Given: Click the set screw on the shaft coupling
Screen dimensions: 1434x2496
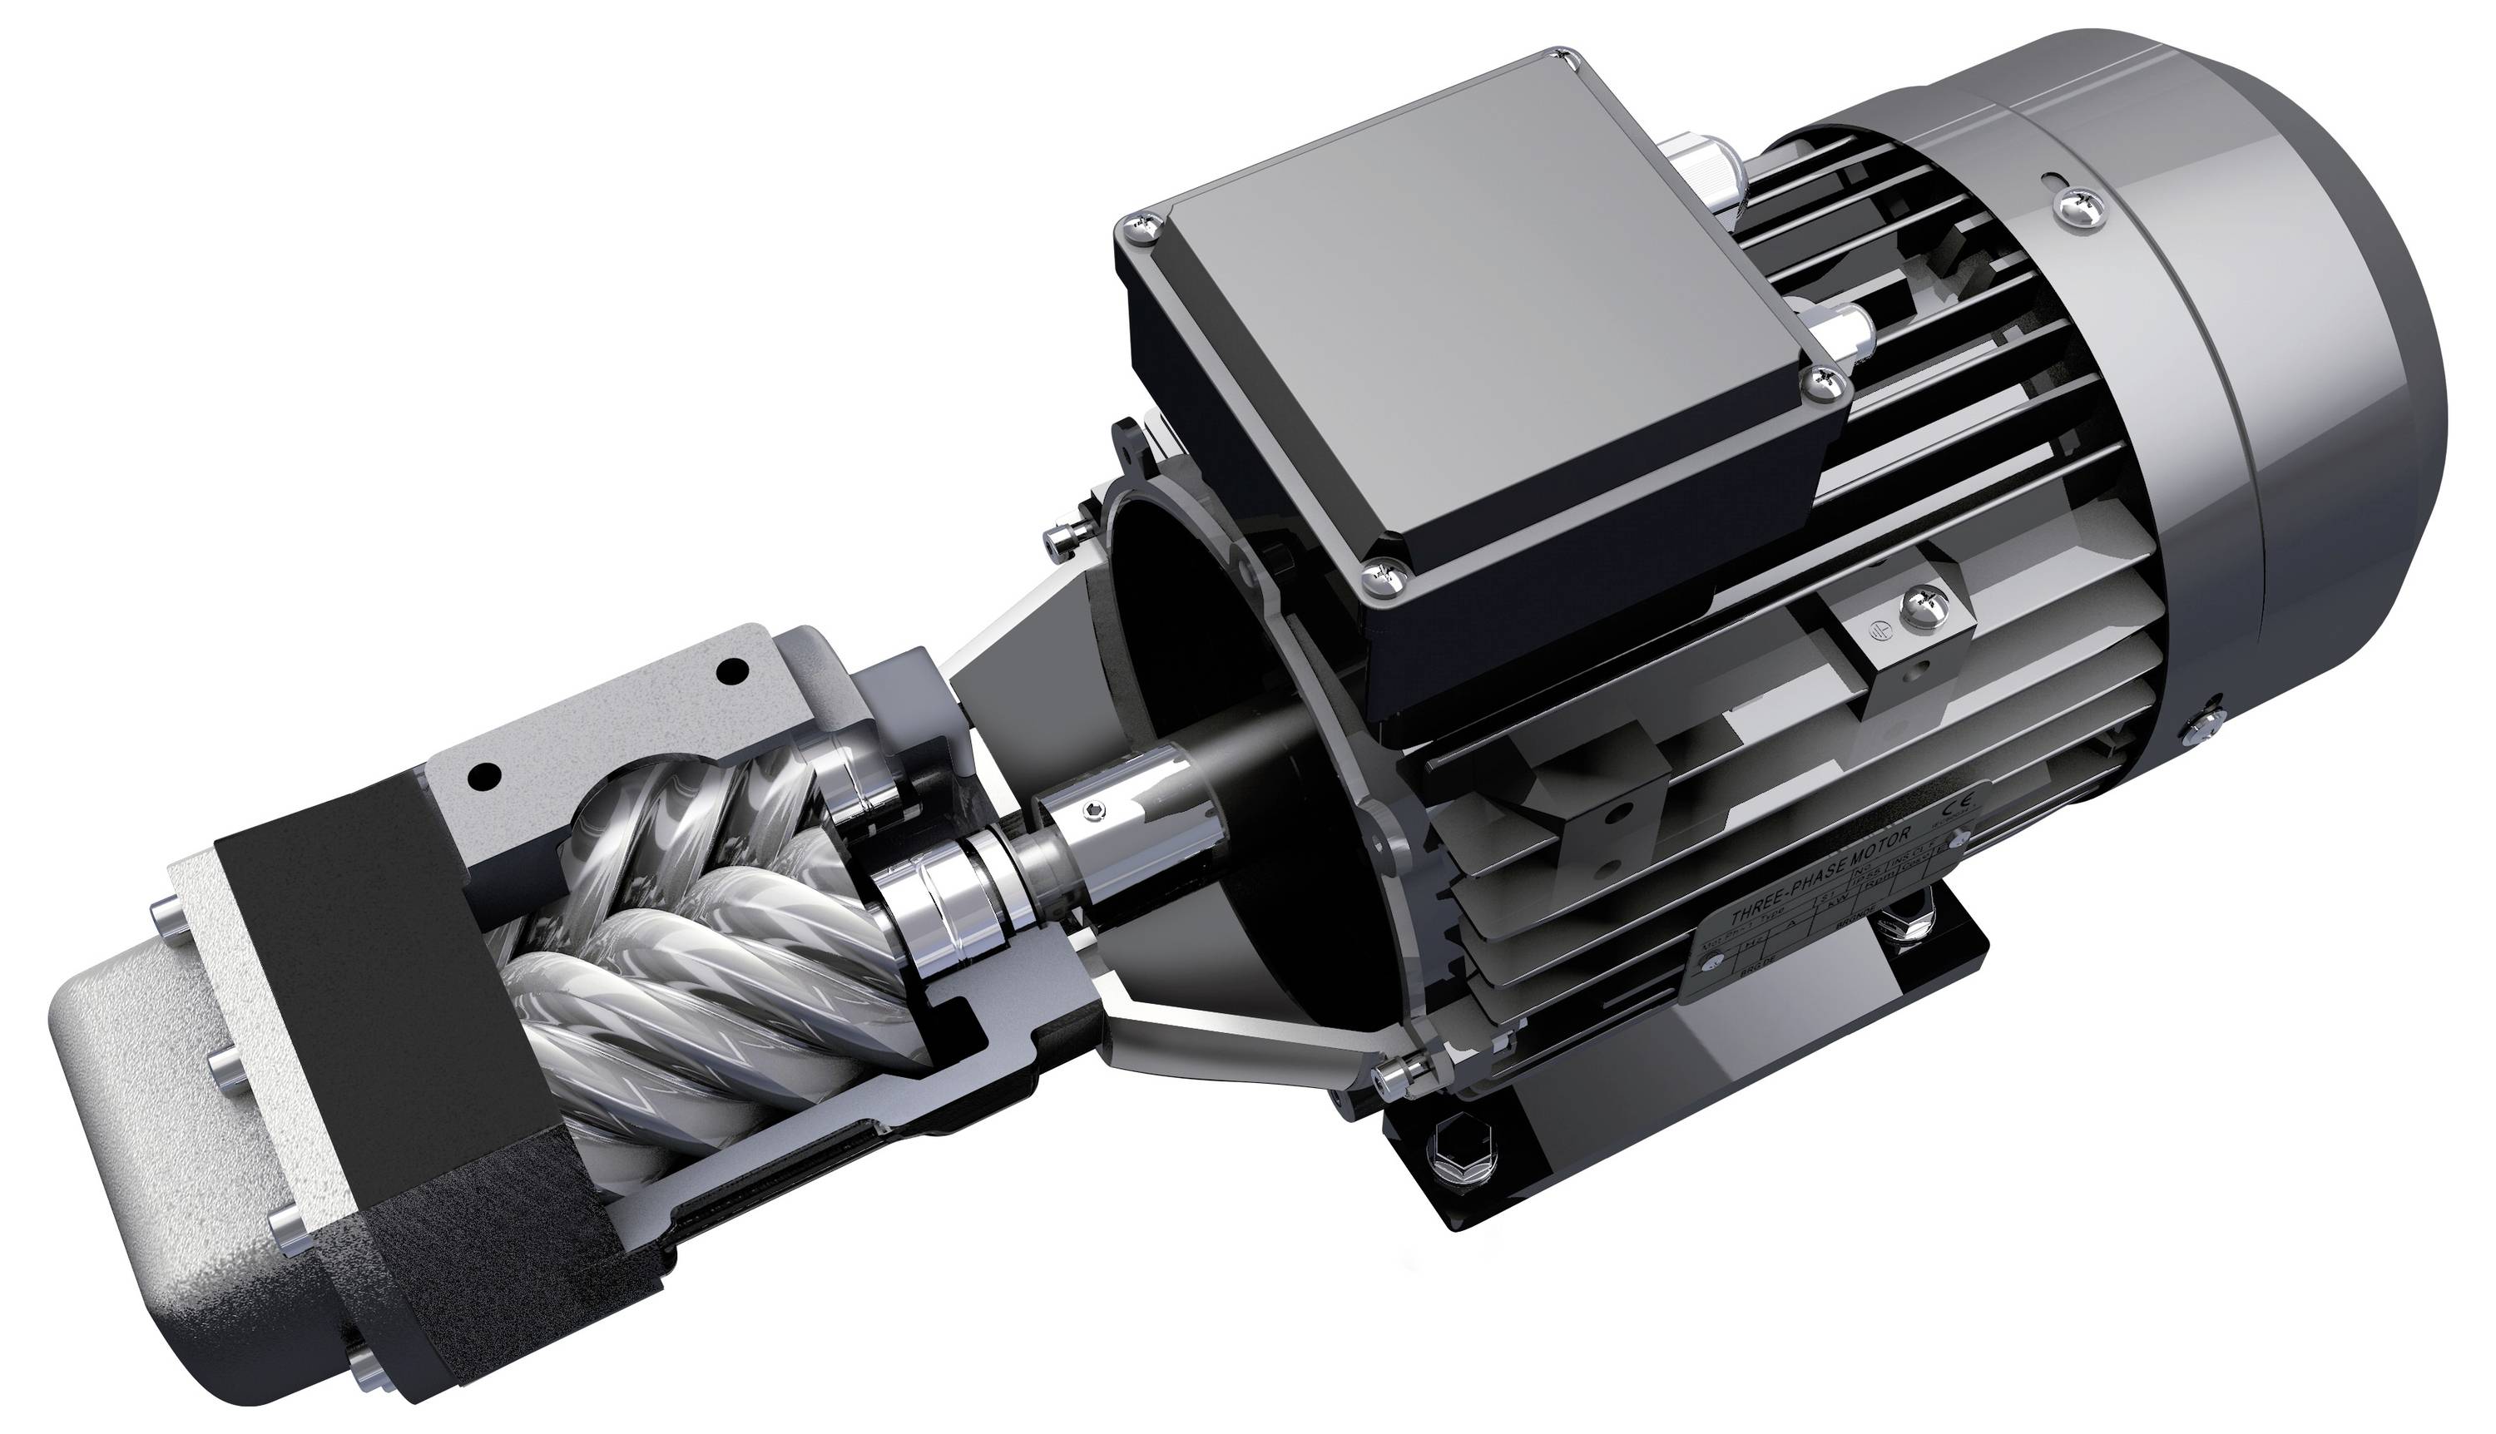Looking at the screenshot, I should point(1097,810).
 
